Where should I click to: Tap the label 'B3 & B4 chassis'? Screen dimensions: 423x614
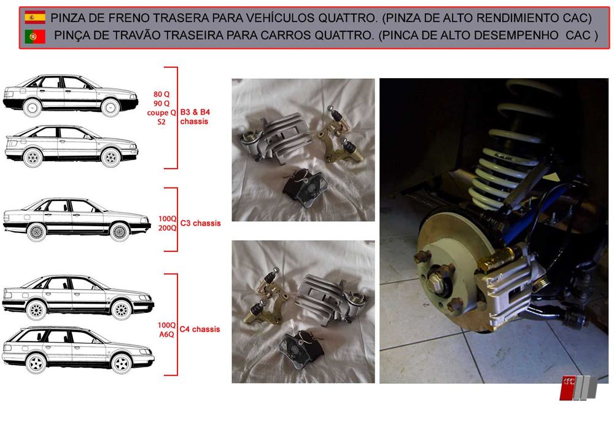pos(195,117)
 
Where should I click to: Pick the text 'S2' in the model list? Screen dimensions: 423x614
pos(161,122)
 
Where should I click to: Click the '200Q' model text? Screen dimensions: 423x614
pos(167,227)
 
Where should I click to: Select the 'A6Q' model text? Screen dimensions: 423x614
pos(167,334)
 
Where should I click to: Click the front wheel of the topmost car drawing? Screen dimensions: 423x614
pos(111,108)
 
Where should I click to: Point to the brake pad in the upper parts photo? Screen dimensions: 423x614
pos(301,184)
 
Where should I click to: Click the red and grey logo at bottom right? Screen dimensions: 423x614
pos(575,387)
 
